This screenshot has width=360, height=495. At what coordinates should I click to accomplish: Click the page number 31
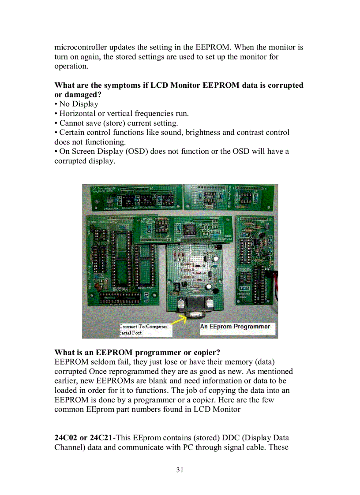click(x=180, y=470)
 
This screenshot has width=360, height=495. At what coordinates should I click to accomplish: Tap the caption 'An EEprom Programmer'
click(x=235, y=327)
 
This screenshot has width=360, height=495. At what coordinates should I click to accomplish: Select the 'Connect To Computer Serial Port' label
click(x=143, y=330)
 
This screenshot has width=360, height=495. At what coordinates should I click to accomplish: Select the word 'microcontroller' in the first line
click(x=81, y=47)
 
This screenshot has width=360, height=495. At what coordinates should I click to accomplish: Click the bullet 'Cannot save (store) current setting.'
click(x=118, y=123)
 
